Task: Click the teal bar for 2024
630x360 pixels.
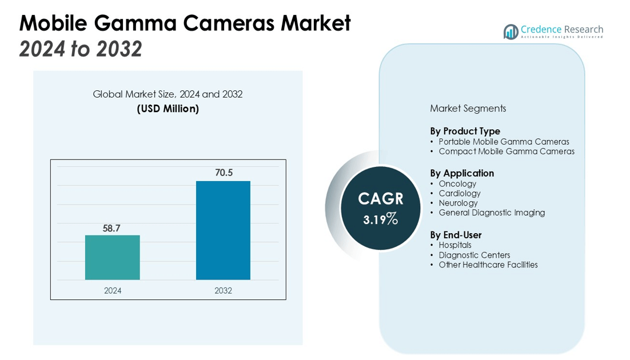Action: point(112,258)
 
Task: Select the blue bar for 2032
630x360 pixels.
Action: point(223,230)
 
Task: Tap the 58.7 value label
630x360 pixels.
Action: point(111,229)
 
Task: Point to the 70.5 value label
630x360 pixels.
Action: point(224,173)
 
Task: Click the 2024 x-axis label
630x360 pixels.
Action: point(113,290)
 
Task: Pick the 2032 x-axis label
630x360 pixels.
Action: point(223,290)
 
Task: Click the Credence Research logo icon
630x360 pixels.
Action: point(511,32)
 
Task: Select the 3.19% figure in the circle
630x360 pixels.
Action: point(380,218)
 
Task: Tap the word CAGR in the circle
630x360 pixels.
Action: point(381,199)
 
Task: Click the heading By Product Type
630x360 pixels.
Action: point(465,131)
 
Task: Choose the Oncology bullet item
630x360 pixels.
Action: point(457,183)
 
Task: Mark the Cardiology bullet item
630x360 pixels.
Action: point(460,193)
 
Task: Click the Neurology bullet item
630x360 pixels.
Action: point(458,203)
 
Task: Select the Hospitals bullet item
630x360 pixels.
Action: point(455,245)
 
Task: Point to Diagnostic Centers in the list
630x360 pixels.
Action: point(474,255)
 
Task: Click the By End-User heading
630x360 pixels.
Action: point(456,235)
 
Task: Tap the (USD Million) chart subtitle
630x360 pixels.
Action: point(168,109)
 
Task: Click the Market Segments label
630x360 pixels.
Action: point(468,108)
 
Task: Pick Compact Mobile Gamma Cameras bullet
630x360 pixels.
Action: point(507,151)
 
